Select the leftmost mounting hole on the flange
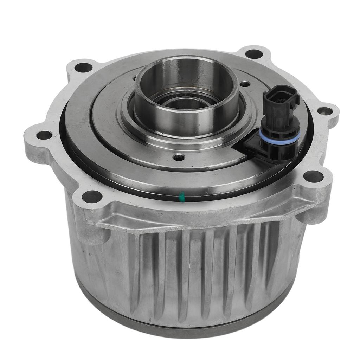pyautogui.click(x=44, y=135)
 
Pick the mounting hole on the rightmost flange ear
pyautogui.click(x=324, y=111)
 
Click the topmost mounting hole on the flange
pyautogui.click(x=254, y=54)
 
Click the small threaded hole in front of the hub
pyautogui.click(x=179, y=157)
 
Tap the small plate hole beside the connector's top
pyautogui.click(x=245, y=84)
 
